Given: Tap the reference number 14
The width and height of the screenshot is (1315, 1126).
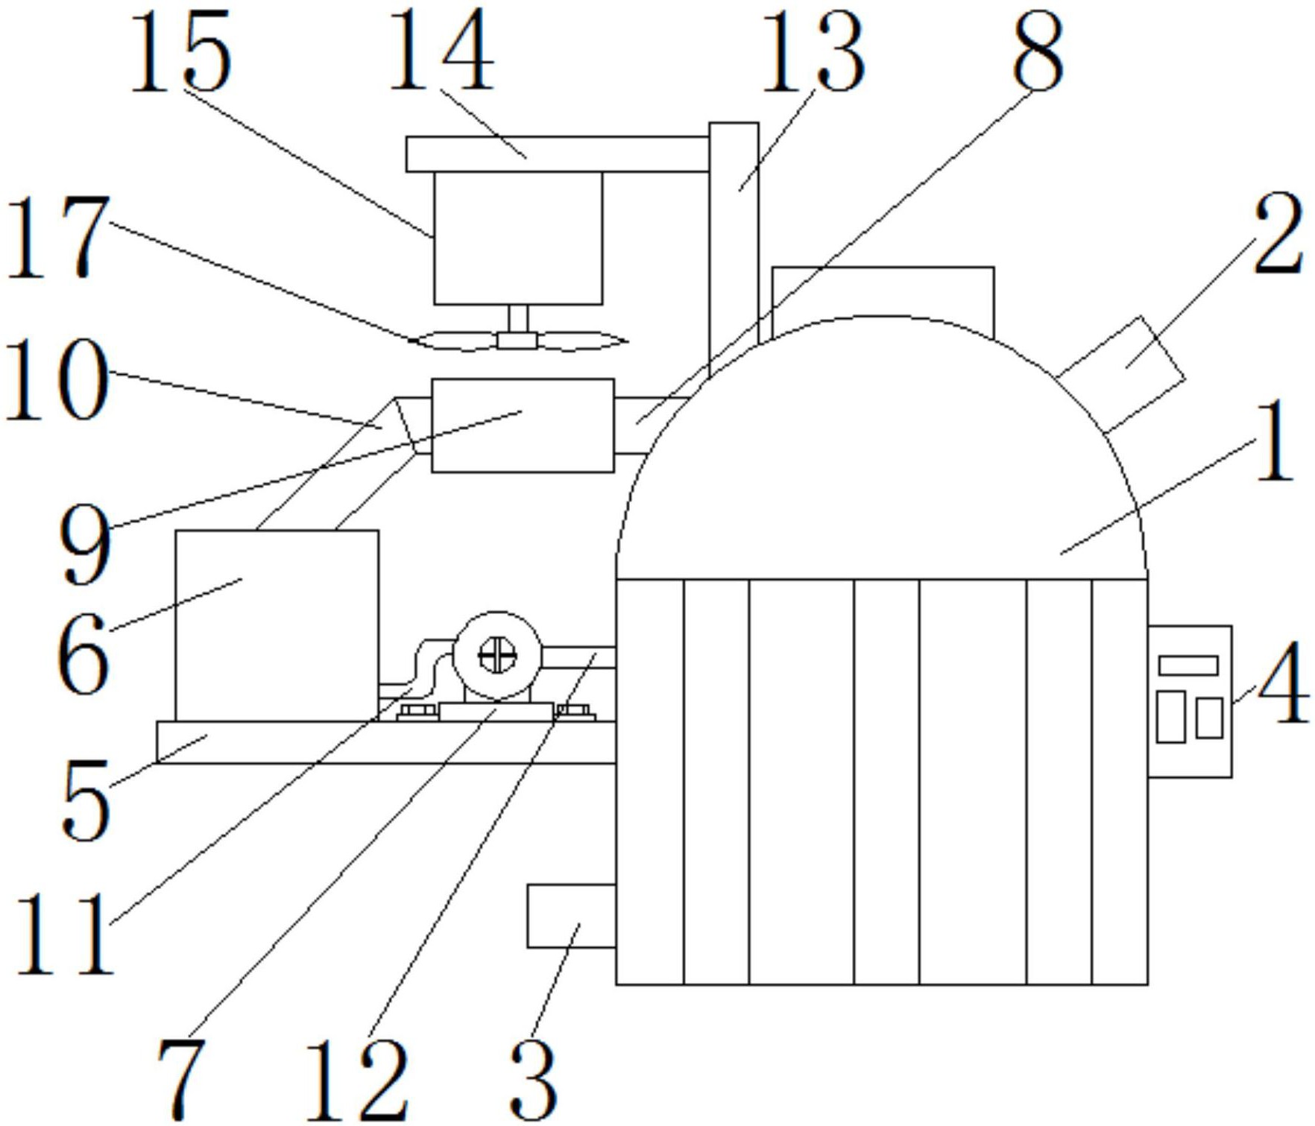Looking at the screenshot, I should click(441, 54).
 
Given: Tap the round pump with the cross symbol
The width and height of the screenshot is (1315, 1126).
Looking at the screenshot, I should click(497, 656).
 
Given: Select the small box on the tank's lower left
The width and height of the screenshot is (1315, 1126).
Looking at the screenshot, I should click(571, 916).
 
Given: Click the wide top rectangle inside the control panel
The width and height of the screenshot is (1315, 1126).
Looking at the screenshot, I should click(1188, 665).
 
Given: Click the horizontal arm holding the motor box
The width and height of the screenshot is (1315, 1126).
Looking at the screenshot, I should click(558, 154).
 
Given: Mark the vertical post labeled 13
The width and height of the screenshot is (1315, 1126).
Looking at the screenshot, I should click(734, 246).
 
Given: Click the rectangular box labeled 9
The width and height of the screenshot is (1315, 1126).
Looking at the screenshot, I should click(523, 426).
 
